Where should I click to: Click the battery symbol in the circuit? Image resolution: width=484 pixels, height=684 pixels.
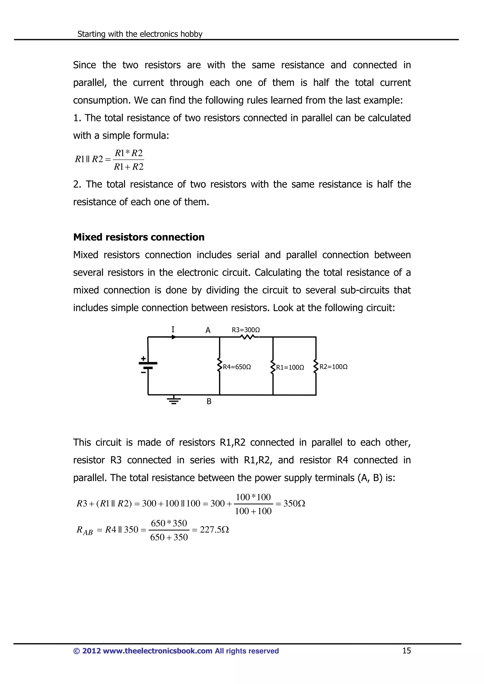pyautogui.click(x=148, y=366)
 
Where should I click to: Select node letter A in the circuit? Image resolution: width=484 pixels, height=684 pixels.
pyautogui.click(x=208, y=330)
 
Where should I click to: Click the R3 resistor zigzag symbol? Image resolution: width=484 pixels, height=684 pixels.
pyautogui.click(x=247, y=337)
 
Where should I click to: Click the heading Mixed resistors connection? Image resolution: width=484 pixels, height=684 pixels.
pyautogui.click(x=139, y=237)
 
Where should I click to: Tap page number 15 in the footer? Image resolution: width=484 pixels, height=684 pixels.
pyautogui.click(x=406, y=651)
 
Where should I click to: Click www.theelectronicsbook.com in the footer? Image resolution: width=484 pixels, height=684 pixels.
pyautogui.click(x=157, y=651)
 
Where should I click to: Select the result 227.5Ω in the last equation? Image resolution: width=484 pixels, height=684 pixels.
pyautogui.click(x=214, y=530)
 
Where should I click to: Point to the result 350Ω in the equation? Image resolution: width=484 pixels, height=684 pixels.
pyautogui.click(x=294, y=503)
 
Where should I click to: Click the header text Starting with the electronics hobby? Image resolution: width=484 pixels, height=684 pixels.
pyautogui.click(x=140, y=34)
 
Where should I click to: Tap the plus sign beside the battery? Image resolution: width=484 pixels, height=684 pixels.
pyautogui.click(x=143, y=358)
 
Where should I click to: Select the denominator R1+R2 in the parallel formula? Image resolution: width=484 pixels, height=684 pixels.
pyautogui.click(x=129, y=167)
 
